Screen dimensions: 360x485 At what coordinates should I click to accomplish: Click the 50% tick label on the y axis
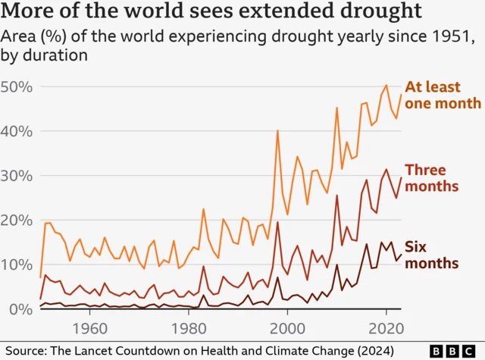[17, 87]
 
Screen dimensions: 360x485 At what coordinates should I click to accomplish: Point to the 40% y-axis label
[17, 132]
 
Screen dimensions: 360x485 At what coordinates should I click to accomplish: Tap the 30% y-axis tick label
[17, 176]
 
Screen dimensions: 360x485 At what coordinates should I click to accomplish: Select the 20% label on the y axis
[17, 221]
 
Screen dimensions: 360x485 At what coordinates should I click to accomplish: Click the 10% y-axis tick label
[17, 265]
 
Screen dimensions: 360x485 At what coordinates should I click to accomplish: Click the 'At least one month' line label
[443, 95]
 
